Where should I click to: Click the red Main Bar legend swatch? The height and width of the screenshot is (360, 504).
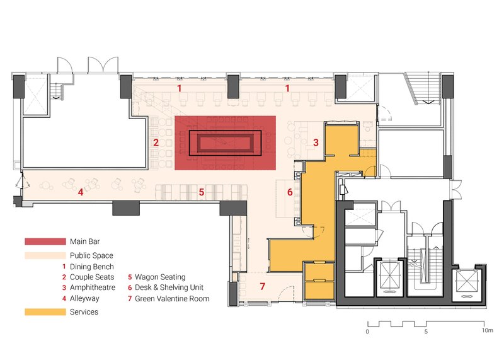pyautogui.click(x=45, y=241)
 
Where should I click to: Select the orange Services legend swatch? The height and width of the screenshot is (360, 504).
pyautogui.click(x=45, y=312)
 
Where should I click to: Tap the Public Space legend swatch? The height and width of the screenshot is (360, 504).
pyautogui.click(x=45, y=255)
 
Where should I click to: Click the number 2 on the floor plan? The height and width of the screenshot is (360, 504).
pyautogui.click(x=156, y=142)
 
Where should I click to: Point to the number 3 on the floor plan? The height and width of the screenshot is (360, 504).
pyautogui.click(x=316, y=142)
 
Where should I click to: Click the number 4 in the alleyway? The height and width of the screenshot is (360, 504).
pyautogui.click(x=81, y=192)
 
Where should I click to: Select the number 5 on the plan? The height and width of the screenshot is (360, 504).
pyautogui.click(x=202, y=192)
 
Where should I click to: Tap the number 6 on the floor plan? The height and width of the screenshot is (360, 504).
pyautogui.click(x=290, y=192)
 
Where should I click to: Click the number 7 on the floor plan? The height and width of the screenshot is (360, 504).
pyautogui.click(x=263, y=286)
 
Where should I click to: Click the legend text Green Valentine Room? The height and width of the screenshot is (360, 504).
pyautogui.click(x=172, y=299)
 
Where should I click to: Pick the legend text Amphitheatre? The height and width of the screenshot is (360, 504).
pyautogui.click(x=93, y=287)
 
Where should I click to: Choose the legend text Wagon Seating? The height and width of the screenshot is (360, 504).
pyautogui.click(x=160, y=277)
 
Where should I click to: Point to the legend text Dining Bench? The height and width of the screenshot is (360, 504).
pyautogui.click(x=92, y=267)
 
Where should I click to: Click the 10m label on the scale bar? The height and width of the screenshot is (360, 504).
pyautogui.click(x=487, y=330)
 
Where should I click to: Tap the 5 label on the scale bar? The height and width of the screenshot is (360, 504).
pyautogui.click(x=426, y=332)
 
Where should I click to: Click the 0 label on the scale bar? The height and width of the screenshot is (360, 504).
pyautogui.click(x=367, y=332)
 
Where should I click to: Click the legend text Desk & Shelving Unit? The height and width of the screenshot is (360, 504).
pyautogui.click(x=169, y=287)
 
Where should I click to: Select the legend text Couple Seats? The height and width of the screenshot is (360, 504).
pyautogui.click(x=92, y=277)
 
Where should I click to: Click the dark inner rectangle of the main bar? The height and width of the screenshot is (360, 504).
pyautogui.click(x=225, y=143)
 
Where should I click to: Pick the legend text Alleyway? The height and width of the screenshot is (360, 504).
pyautogui.click(x=84, y=299)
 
